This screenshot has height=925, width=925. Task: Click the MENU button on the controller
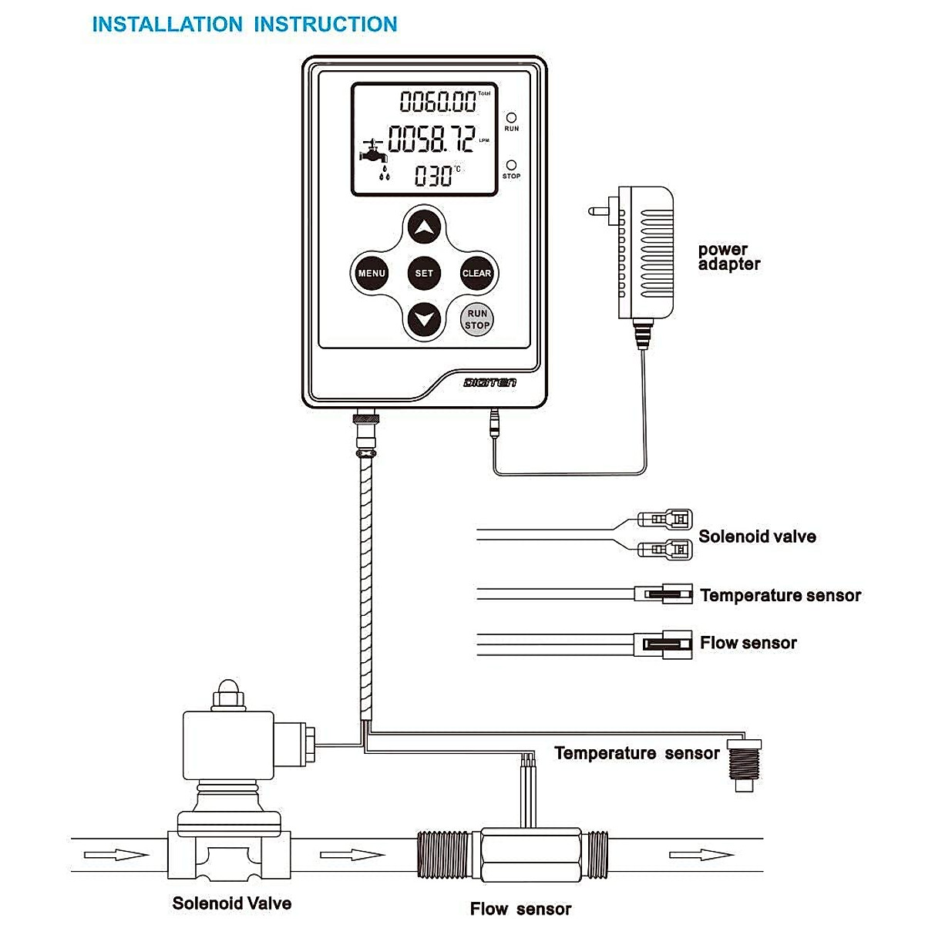coord(371,273)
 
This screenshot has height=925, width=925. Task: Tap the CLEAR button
coord(476,273)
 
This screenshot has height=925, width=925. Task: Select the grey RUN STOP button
coord(477,319)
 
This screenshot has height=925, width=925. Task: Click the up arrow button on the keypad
coord(424,227)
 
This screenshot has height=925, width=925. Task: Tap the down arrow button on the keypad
coord(424,319)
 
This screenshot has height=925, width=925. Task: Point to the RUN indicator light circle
coord(511,118)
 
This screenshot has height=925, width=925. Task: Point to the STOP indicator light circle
coord(511,165)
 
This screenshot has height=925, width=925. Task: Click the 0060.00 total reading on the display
coord(438,102)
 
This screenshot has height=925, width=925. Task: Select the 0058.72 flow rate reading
coord(431,140)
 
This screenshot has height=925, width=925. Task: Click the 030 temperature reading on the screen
coord(434,177)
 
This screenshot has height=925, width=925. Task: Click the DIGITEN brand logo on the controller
coord(490,382)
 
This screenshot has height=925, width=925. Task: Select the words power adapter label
coord(728,257)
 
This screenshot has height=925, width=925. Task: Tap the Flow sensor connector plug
coord(661,643)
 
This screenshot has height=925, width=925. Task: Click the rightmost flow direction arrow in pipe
coord(701,854)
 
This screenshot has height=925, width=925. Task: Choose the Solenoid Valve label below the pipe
coord(231,903)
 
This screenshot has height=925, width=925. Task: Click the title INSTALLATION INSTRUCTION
coord(244,24)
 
